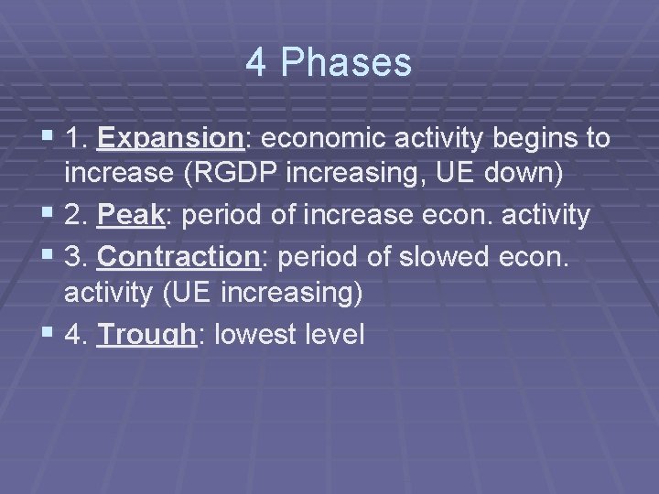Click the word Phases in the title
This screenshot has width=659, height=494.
coord(347,63)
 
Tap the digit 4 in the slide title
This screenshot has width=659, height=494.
coord(257,63)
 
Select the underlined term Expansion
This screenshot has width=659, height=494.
coord(168,138)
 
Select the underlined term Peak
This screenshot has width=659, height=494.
coord(130,216)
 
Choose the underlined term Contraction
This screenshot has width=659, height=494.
coord(178,258)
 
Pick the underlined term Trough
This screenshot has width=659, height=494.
coord(146,335)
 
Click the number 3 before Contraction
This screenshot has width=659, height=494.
coord(73,258)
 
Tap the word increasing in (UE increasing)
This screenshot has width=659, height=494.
coord(293,293)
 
